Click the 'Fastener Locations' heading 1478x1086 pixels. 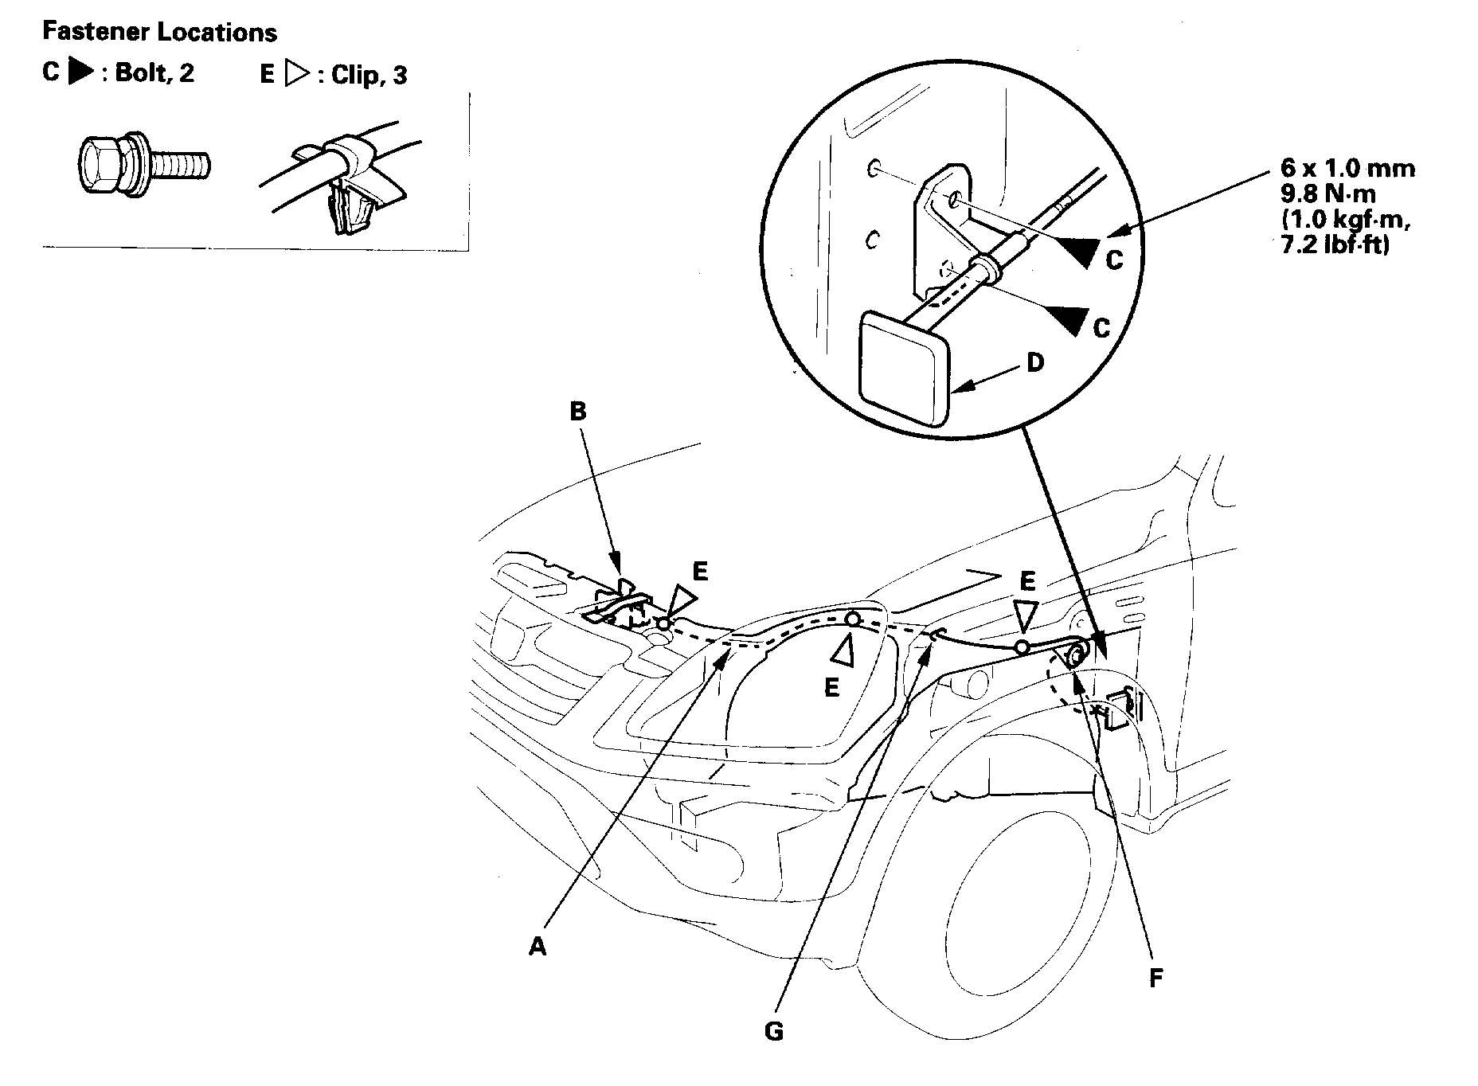click(x=159, y=33)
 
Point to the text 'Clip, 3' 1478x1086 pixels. click(x=369, y=75)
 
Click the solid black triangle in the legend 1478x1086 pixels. click(x=80, y=72)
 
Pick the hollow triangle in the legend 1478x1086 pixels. click(x=296, y=74)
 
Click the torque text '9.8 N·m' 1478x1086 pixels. click(x=1327, y=193)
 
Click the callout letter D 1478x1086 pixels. click(x=1035, y=363)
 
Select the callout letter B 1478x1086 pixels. click(x=578, y=412)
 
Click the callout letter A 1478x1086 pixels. click(x=538, y=947)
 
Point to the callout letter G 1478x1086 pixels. click(x=773, y=1032)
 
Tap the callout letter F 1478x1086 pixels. click(x=1155, y=978)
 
